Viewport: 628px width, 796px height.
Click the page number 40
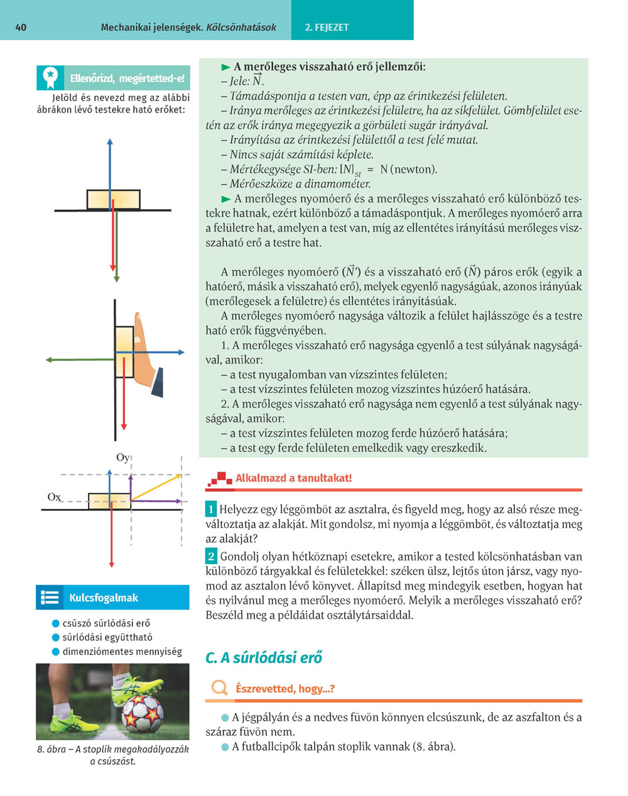[21, 28]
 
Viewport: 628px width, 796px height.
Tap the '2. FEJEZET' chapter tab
[327, 28]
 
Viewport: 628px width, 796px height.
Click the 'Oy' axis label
[122, 458]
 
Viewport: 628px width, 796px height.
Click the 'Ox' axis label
[54, 497]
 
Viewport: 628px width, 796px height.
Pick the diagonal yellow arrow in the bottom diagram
[157, 487]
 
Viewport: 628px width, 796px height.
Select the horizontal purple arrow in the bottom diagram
[157, 501]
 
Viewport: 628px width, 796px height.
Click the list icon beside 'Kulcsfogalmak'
[49, 598]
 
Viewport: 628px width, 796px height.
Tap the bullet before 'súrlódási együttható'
[56, 638]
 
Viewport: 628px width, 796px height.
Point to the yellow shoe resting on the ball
[135, 687]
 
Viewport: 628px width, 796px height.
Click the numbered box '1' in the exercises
[211, 509]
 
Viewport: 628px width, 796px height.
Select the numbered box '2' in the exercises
[211, 556]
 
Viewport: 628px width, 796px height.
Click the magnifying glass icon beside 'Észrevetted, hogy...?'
[219, 688]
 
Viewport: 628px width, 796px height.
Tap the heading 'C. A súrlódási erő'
[264, 658]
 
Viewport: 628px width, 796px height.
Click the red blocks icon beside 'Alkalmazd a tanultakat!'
[219, 479]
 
